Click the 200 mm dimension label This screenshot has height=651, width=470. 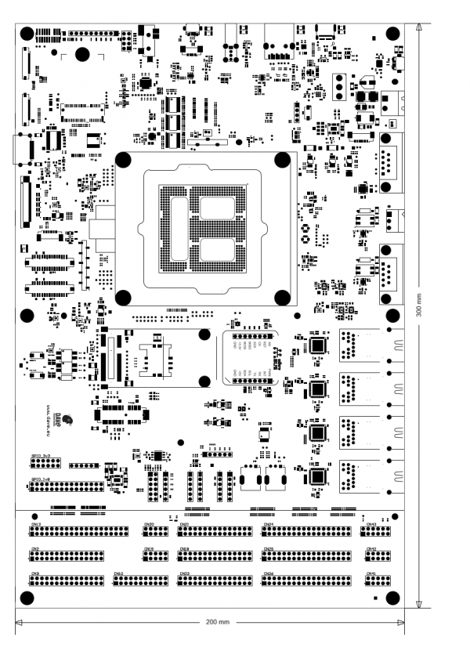click(217, 621)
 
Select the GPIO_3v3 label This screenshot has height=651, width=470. click(41, 454)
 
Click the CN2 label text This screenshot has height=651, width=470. click(35, 549)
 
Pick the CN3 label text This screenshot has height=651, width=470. click(35, 574)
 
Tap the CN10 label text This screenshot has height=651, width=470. click(119, 574)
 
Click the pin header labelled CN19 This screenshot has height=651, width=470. click(154, 556)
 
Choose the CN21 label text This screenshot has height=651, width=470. click(185, 524)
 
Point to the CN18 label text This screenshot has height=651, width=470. click(184, 549)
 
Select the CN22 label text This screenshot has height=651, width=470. click(185, 574)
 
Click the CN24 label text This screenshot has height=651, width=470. click(268, 524)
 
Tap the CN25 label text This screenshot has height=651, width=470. click(268, 549)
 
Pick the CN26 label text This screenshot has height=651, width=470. click(268, 574)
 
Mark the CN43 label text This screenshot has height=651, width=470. click(371, 524)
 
